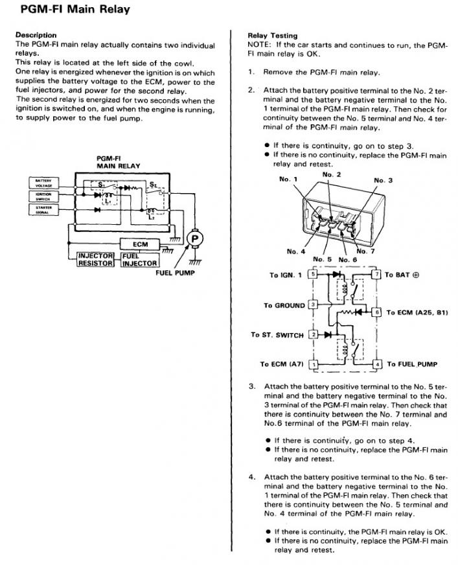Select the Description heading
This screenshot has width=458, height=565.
(x=36, y=34)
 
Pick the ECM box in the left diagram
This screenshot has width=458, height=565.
(x=140, y=244)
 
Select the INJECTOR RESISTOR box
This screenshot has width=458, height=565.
(x=96, y=260)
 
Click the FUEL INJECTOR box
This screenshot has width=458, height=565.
(x=139, y=260)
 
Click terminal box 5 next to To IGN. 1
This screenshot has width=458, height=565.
(x=314, y=275)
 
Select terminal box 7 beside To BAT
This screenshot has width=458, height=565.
(x=378, y=275)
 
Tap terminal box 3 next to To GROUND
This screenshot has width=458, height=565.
(x=314, y=304)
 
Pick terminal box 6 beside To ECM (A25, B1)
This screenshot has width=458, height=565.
(x=378, y=312)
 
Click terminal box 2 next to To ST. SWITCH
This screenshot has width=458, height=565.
(x=314, y=334)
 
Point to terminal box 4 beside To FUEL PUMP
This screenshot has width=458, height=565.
(x=378, y=364)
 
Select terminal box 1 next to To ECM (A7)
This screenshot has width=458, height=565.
(x=314, y=364)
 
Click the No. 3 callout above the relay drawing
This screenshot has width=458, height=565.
(x=383, y=180)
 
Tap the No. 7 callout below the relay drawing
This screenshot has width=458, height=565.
(x=365, y=251)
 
